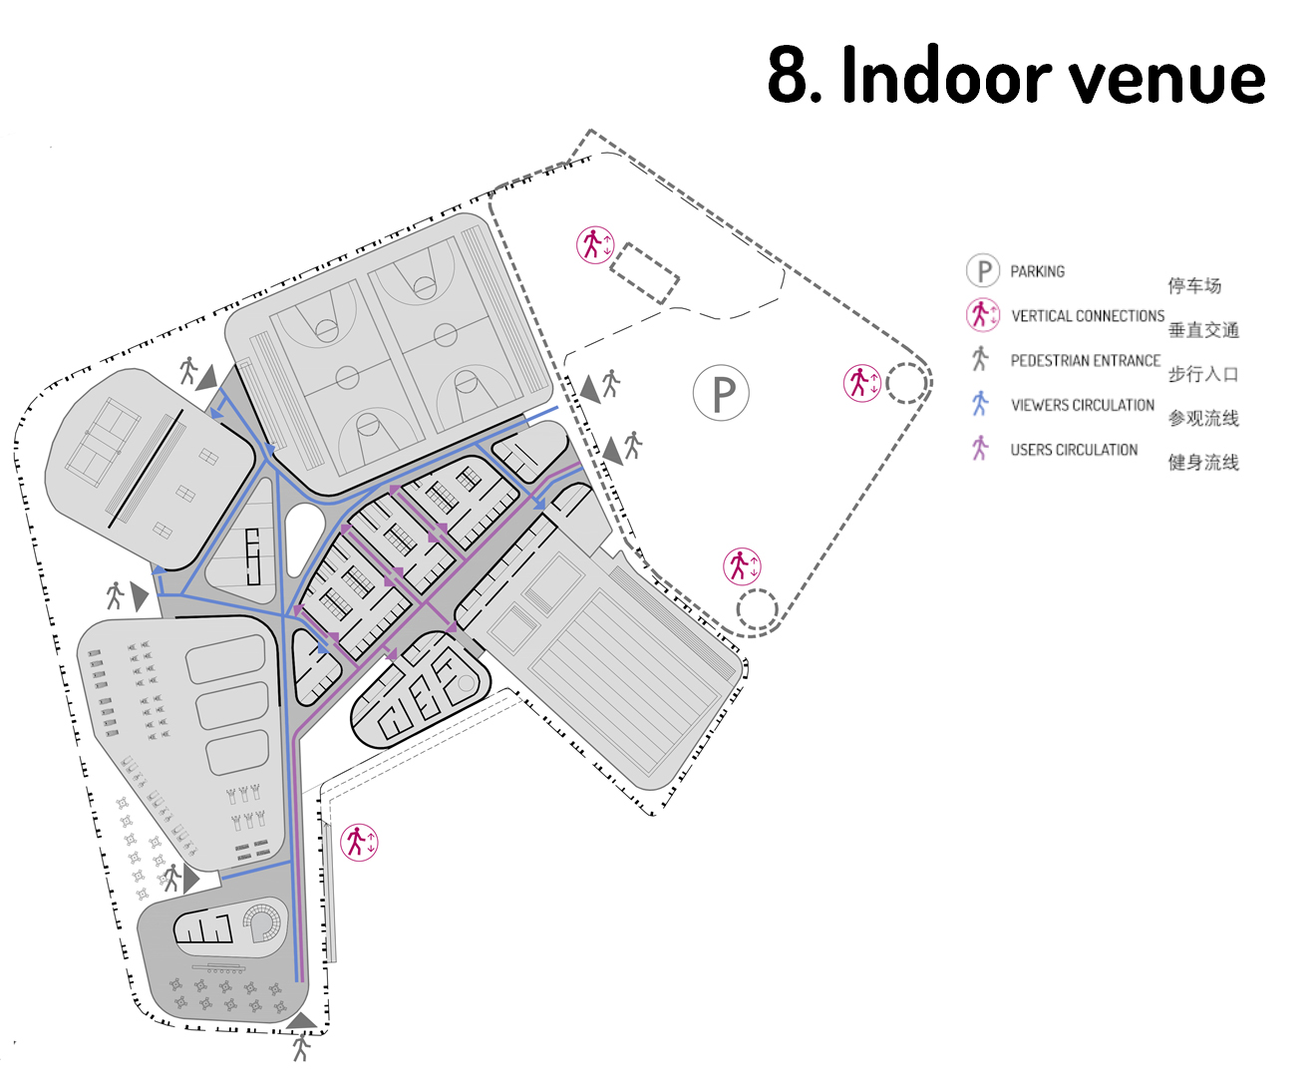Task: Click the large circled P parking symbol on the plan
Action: (x=721, y=393)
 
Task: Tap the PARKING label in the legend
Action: (x=1038, y=271)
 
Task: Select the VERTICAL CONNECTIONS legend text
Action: (x=1088, y=315)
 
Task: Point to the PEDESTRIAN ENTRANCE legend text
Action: (x=1086, y=360)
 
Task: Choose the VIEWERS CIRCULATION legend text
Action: (x=1082, y=405)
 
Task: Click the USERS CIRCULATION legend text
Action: (x=1074, y=450)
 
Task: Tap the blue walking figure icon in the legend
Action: (x=980, y=404)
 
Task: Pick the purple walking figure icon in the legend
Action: (x=980, y=449)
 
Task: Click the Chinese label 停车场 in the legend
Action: (x=1194, y=285)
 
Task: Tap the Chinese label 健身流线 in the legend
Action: (x=1203, y=463)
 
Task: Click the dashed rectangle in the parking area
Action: (x=644, y=273)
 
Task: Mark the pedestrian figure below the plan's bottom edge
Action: (x=301, y=1047)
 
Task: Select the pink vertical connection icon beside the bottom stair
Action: (x=359, y=843)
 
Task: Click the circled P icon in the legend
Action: (x=983, y=270)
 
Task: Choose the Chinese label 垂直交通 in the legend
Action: (x=1203, y=330)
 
